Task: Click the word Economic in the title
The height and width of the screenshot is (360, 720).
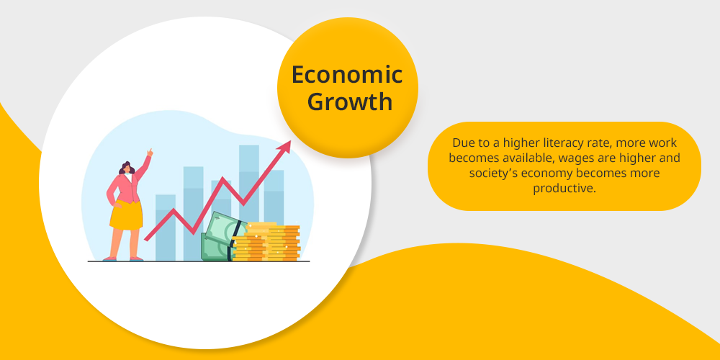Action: (x=347, y=75)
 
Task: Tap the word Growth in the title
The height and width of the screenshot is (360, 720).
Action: (x=350, y=102)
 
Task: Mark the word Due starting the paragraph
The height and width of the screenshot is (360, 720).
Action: (x=462, y=143)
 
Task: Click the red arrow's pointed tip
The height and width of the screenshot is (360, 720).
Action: (x=291, y=141)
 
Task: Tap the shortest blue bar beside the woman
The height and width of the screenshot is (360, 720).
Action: (x=166, y=228)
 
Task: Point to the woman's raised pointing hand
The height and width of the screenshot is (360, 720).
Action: (x=150, y=153)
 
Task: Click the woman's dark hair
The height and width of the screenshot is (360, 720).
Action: (x=127, y=168)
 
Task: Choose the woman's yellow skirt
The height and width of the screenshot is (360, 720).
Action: (x=126, y=215)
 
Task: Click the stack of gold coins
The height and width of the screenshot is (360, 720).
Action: (x=266, y=242)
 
